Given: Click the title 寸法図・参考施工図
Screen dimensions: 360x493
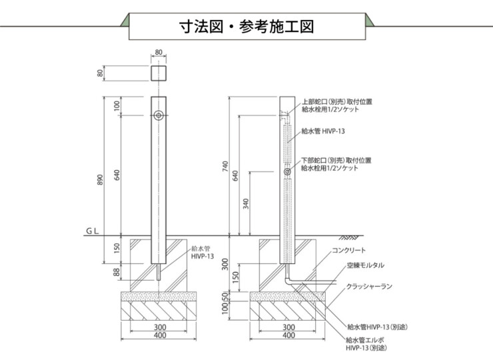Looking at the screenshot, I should [x=246, y=27].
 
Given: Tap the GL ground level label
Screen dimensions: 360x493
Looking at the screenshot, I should [x=92, y=231].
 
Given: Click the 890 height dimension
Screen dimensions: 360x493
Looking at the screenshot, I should [x=101, y=180].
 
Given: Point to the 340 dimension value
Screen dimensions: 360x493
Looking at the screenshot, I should [x=246, y=203].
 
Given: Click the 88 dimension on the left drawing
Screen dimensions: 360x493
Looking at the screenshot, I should [x=118, y=272].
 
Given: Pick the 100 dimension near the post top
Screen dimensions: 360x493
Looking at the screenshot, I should [x=118, y=106].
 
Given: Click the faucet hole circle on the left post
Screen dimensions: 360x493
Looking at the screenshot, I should [x=159, y=115].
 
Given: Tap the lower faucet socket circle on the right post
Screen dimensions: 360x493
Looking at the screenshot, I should [x=287, y=172].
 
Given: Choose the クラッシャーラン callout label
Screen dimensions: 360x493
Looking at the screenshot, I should [x=369, y=287].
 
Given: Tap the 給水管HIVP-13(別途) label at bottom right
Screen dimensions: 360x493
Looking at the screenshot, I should [x=377, y=327].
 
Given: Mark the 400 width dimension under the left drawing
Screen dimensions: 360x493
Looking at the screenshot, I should [x=159, y=335].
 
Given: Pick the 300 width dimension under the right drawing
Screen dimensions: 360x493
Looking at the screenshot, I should [x=288, y=327].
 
